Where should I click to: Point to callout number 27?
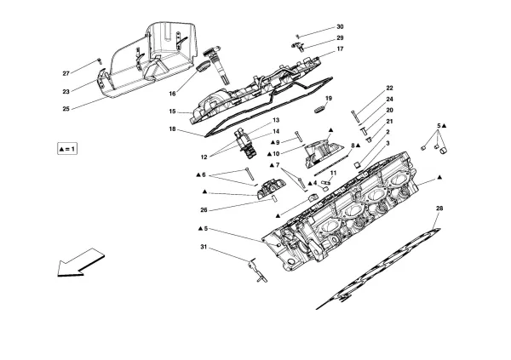[66, 72]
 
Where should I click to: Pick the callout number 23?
[66, 92]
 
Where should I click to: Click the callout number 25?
[66, 109]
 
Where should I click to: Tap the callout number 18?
[174, 129]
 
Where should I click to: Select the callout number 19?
[329, 100]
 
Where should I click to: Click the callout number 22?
[389, 89]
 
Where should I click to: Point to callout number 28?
[439, 208]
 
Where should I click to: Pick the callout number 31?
[204, 248]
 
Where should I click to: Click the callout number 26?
[204, 210]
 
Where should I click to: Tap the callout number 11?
[334, 174]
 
